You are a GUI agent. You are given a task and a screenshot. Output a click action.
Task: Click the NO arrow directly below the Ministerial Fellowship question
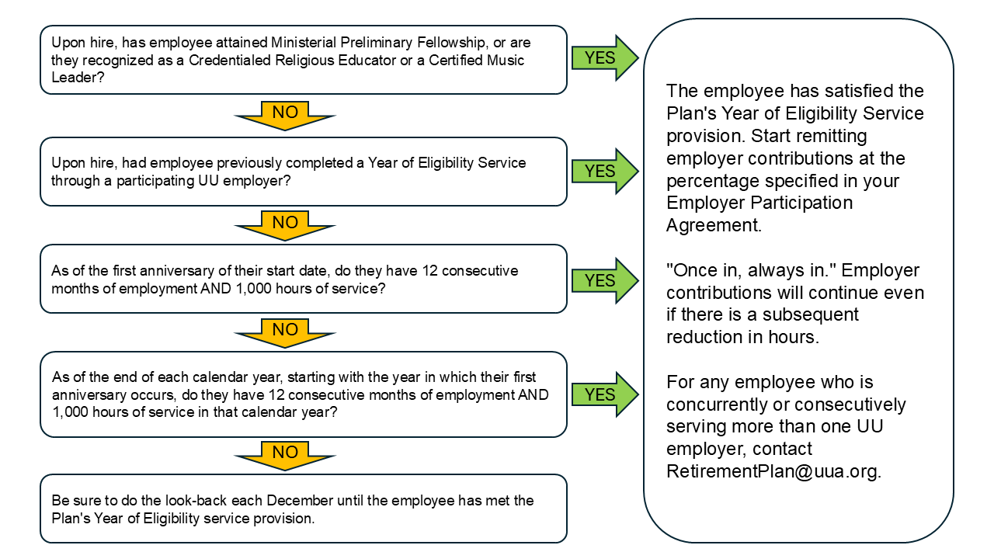pyautogui.click(x=285, y=113)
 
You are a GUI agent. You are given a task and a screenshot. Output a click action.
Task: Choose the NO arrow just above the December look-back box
pyautogui.click(x=285, y=453)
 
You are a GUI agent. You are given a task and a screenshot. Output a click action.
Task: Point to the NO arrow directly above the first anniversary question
pyautogui.click(x=285, y=224)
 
